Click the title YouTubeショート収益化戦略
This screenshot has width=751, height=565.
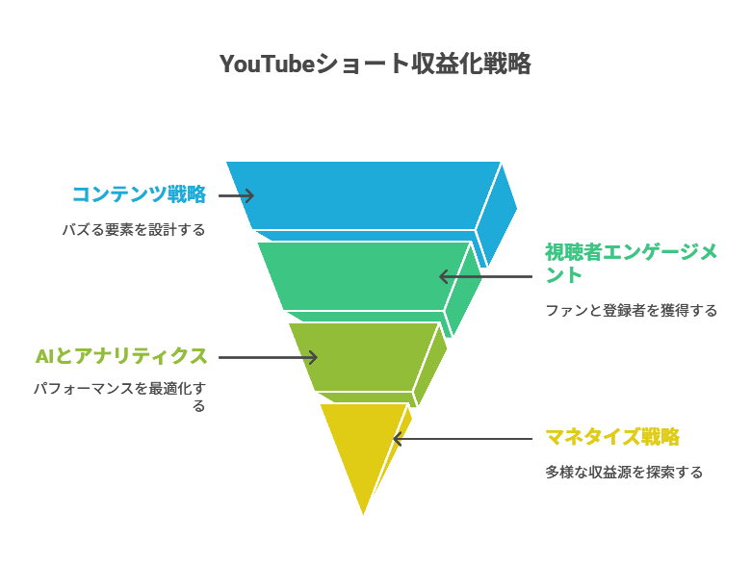[375, 64]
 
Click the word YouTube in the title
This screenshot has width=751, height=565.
[267, 64]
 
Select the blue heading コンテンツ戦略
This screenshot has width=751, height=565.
[139, 194]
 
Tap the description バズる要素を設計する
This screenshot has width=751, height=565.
[134, 230]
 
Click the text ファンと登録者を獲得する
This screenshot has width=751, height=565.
[632, 310]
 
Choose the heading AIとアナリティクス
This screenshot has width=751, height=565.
[121, 356]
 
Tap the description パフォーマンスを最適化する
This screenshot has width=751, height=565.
[119, 397]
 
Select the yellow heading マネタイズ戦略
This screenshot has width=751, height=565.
[612, 437]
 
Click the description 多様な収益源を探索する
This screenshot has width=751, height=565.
[624, 472]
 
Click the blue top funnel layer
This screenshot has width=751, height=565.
[364, 195]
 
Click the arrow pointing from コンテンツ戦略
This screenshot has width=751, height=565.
[236, 195]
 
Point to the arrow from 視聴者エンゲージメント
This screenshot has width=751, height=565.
[485, 276]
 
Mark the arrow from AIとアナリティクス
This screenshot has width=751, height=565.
[268, 357]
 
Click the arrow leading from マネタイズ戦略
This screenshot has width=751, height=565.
[462, 439]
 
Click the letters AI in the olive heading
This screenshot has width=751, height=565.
[45, 356]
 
